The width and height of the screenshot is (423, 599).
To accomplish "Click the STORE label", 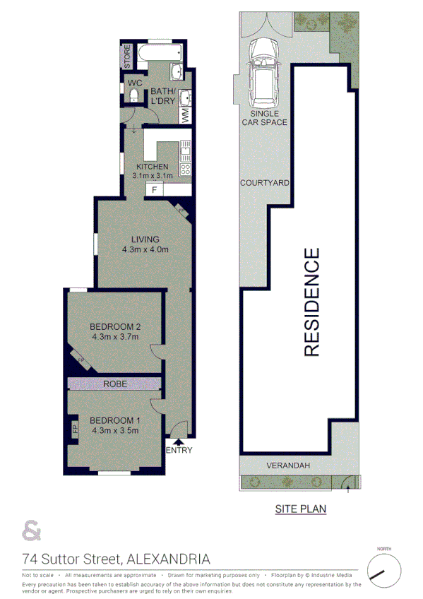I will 128,56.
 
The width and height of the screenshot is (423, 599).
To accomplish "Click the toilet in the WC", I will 134,97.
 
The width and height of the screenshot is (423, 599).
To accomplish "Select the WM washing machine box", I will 185,114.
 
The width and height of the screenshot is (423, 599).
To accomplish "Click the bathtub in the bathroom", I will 161,53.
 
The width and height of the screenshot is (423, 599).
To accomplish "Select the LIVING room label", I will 145,239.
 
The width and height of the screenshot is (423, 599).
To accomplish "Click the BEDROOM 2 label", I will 115,326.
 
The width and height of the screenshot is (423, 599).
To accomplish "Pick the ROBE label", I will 115,384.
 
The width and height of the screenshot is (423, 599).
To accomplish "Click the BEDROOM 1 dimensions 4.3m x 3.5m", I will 115,432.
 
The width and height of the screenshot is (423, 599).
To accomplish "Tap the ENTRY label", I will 178,451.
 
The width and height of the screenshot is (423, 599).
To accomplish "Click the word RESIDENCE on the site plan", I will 312,302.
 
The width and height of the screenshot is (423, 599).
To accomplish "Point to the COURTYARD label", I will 265,182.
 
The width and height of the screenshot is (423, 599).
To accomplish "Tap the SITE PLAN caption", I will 300,508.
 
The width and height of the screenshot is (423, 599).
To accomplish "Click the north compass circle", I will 383,569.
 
